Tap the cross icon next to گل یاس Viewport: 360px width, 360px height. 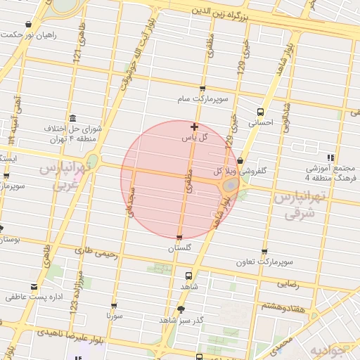[195, 127]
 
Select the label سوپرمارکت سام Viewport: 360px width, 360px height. [202, 100]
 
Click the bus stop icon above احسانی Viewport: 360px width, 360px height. [261, 112]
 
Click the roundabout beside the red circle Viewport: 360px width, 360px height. [229, 186]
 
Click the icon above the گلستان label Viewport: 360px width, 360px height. [180, 238]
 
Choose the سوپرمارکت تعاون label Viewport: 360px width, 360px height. [264, 262]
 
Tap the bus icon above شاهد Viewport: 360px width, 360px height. [188, 276]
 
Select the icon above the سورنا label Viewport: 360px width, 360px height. [114, 306]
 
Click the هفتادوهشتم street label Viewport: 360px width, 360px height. [283, 307]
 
